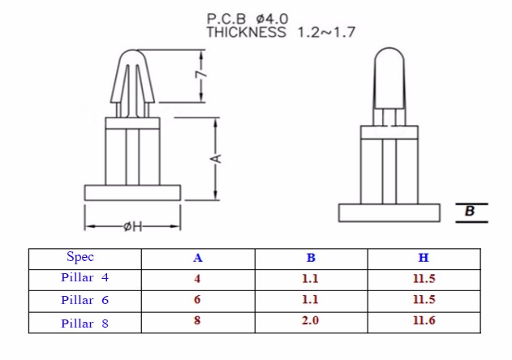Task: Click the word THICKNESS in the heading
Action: coord(246,32)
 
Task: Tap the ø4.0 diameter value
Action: coord(273,19)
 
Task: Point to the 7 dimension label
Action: coord(201,75)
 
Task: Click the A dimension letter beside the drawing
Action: coord(216,159)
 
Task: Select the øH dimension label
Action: coord(133,226)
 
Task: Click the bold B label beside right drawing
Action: coord(470,211)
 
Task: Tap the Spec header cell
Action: coord(80,257)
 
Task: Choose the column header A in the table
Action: coord(197,258)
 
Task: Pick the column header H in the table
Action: coord(424,258)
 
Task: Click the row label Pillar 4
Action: coord(84,277)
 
